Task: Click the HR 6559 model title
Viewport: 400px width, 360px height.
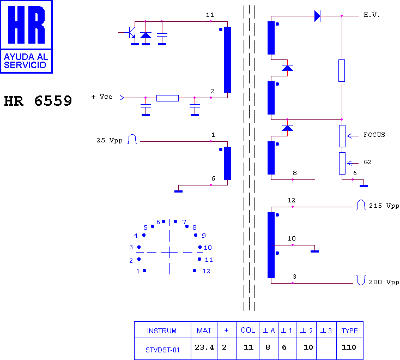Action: pos(38,101)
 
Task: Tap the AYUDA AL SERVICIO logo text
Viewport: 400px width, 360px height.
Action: pos(26,61)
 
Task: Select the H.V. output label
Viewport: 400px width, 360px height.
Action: pos(372,15)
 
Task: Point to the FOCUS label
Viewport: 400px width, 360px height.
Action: pos(374,135)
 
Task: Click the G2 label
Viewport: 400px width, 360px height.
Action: pos(367,162)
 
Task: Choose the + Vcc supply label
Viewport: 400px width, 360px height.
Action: pos(102,97)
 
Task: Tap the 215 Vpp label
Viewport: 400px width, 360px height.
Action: pos(384,206)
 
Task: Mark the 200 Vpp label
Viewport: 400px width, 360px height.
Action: pos(384,282)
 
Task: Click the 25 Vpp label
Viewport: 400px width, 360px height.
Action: pos(110,140)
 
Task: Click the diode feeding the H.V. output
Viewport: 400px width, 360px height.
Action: pos(317,16)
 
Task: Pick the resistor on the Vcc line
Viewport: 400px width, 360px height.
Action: pos(167,98)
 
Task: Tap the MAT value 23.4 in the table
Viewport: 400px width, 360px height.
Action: pos(204,347)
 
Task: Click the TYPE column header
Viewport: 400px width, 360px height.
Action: pos(349,331)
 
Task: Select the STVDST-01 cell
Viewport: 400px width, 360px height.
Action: pos(162,350)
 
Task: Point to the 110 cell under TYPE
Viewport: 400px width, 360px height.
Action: pos(349,347)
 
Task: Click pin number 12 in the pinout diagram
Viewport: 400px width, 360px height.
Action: pos(207,271)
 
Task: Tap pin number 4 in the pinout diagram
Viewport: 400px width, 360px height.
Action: pos(136,236)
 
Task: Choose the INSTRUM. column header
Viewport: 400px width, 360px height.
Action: pos(162,331)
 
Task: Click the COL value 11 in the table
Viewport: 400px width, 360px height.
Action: pos(248,347)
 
